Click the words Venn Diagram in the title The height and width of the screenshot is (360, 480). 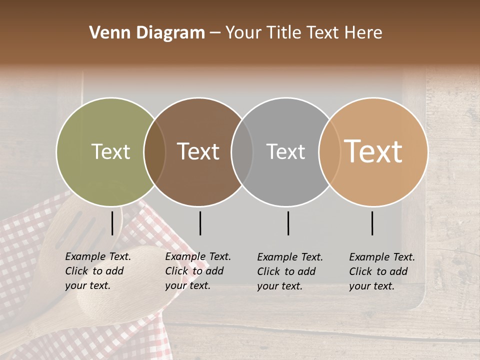coord(147,33)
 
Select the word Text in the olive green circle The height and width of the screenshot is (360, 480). coord(110,151)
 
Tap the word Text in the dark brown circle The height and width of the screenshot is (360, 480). coord(198,151)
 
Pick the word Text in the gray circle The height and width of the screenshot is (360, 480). coord(285,151)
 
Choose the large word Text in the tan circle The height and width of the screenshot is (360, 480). coord(373,151)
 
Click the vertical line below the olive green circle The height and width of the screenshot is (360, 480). coord(112,223)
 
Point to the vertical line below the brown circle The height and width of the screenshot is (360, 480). coord(200,223)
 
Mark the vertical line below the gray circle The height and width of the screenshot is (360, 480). coord(288,223)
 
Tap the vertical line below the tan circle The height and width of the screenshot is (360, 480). coord(372,223)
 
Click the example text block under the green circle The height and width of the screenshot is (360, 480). coord(97,271)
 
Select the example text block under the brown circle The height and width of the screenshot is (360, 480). coord(197,271)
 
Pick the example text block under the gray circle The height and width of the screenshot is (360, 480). coord(289,271)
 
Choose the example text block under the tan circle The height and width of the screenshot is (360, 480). coord(381,271)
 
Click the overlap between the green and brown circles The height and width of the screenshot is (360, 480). coord(154,151)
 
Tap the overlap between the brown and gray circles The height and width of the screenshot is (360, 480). coord(242,151)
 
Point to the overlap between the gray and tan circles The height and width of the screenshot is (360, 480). coord(329,151)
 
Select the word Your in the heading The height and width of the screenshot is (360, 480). coord(243,33)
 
